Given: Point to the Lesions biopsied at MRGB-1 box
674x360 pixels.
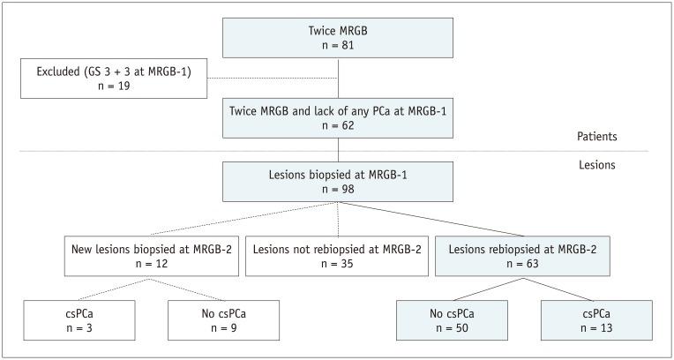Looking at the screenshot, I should pos(340,182).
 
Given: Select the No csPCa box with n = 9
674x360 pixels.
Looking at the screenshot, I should pos(223,319).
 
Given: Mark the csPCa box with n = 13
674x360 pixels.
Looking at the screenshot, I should pos(597,319).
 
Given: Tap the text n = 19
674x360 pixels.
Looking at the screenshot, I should pos(114,87).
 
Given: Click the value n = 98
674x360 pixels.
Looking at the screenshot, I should pos(340,190).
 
